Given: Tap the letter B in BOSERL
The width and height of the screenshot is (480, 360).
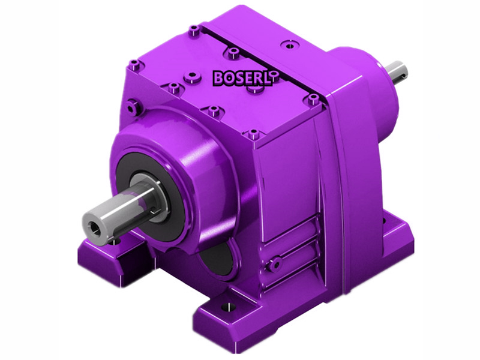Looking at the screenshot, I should [218, 77].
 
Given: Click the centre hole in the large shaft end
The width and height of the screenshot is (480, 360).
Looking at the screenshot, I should [92, 226].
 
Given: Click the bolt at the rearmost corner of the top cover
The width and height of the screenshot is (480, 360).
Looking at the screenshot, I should [194, 29].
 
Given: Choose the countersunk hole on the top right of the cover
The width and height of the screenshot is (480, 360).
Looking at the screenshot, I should [290, 44].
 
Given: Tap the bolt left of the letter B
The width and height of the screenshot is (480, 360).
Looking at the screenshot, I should [191, 76].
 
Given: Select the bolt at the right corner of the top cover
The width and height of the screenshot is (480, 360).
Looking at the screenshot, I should [313, 98].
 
